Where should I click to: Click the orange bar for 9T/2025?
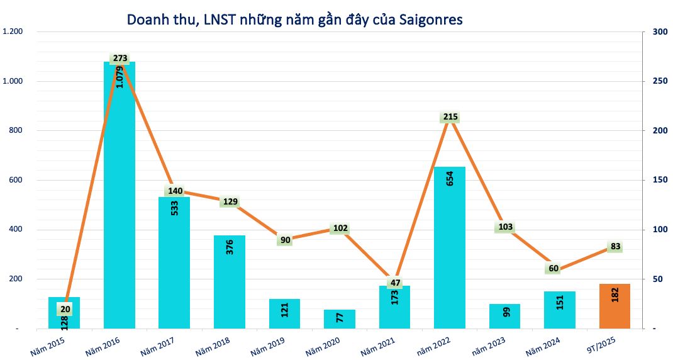pos(615,307)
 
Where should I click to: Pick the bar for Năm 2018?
pos(230,283)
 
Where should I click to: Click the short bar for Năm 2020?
pos(340,319)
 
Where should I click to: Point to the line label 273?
pos(120,59)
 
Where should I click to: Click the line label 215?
pos(450,117)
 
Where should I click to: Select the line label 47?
pos(395,283)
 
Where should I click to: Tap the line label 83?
pos(616,247)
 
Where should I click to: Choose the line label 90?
pos(285,240)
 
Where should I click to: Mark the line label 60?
pos(553,269)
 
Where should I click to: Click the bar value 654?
pos(450,178)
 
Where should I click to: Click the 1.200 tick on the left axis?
pos(13,32)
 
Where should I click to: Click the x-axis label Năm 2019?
pos(267,346)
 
